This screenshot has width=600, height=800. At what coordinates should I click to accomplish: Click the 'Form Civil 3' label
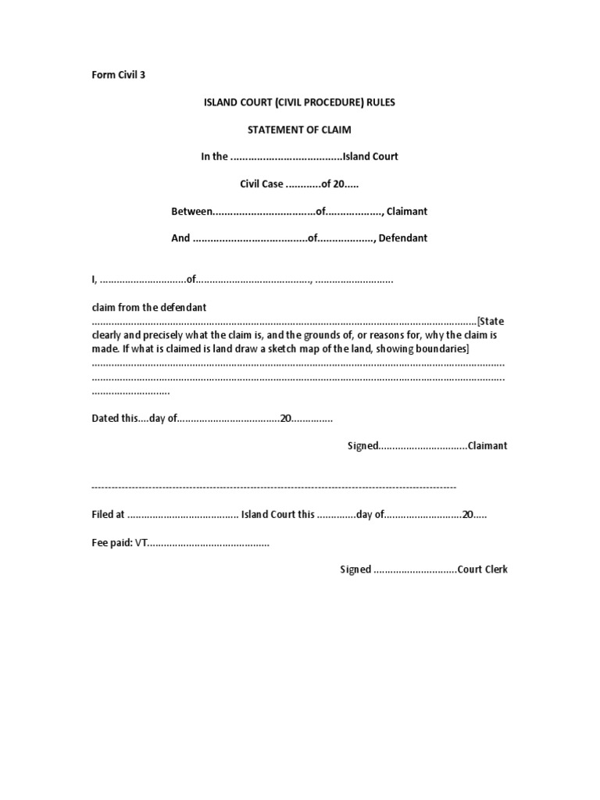[x=119, y=75]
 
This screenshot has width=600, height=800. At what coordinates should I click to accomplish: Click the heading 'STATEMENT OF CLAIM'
[x=299, y=129]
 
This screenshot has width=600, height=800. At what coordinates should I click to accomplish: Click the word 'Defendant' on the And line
[x=403, y=238]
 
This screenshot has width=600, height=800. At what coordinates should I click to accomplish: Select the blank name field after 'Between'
[x=264, y=212]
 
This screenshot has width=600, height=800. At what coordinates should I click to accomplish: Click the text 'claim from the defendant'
[x=149, y=307]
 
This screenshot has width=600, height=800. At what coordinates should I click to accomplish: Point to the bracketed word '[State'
[x=492, y=321]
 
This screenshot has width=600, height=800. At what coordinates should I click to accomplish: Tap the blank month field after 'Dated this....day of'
[x=229, y=419]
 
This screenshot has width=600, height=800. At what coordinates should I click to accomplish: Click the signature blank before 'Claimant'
[x=423, y=446]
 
